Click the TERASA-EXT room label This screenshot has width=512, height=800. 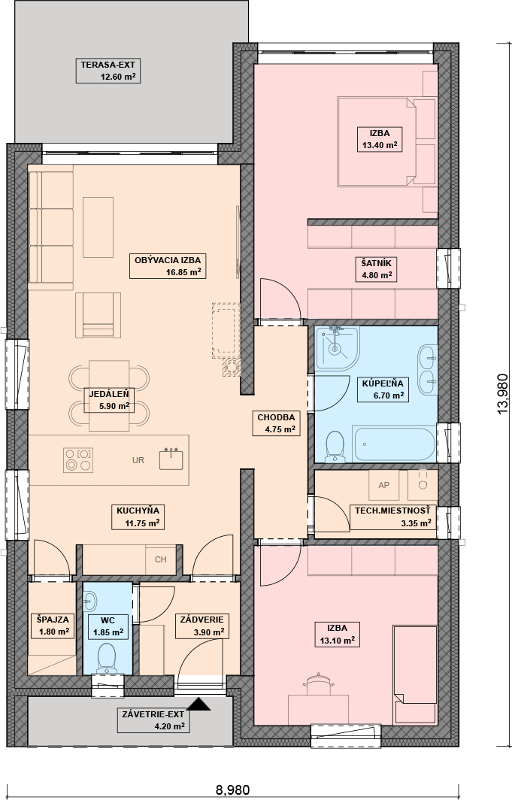(x=108, y=71)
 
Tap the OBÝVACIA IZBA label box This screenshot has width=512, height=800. (x=168, y=266)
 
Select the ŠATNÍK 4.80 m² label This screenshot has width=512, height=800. (x=377, y=269)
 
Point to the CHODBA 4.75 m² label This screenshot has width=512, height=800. (x=276, y=423)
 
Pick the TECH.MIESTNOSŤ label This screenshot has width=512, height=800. (x=392, y=517)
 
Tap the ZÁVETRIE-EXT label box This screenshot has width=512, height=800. (x=153, y=720)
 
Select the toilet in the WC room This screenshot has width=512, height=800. (x=107, y=658)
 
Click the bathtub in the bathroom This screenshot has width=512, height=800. (x=394, y=444)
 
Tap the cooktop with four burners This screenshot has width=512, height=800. (x=78, y=459)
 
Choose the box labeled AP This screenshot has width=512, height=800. (x=384, y=485)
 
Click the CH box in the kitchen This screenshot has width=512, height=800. (x=161, y=559)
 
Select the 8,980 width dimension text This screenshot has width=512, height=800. (x=232, y=789)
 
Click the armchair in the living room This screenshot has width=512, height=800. (x=98, y=315)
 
